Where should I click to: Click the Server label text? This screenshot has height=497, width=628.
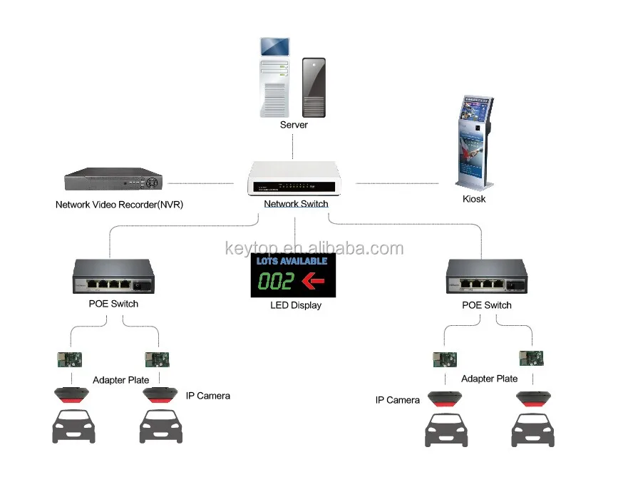[294, 125]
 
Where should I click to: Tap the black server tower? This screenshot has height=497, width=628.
[314, 88]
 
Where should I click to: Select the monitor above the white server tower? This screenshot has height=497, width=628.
[275, 46]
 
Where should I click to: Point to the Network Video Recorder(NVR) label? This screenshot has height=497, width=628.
[119, 205]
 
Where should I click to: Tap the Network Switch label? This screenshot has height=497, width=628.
[296, 204]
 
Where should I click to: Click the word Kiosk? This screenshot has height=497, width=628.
[474, 199]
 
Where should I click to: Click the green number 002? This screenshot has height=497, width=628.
[276, 281]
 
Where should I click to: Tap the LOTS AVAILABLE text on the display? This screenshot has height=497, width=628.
[292, 261]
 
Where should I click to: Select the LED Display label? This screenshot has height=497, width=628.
[296, 305]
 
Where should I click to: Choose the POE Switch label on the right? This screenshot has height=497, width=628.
[488, 305]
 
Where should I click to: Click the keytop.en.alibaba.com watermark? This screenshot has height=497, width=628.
[314, 249]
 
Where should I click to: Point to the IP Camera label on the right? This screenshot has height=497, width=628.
[398, 400]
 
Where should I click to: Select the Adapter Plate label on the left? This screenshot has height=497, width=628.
[120, 380]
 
